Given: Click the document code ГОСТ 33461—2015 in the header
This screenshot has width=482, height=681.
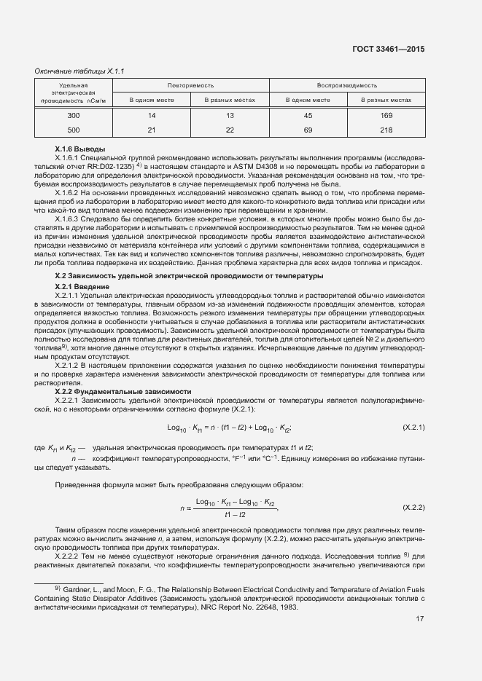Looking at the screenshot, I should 387,49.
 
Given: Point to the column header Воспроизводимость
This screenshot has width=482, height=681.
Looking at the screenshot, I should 346,85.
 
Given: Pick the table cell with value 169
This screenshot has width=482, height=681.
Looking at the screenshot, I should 386,116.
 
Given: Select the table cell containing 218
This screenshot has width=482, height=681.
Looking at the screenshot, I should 386,130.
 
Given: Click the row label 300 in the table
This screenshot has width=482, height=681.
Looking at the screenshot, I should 74,116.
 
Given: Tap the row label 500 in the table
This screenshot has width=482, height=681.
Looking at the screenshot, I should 74,130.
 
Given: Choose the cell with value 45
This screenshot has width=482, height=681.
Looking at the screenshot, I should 308,116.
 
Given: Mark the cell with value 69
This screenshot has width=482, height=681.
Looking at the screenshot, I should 308,130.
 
